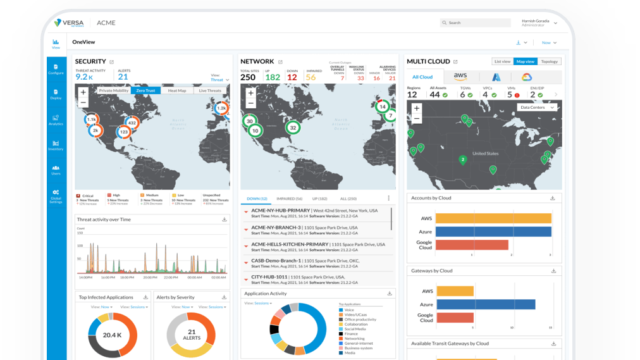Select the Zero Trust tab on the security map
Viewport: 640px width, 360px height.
[145, 90]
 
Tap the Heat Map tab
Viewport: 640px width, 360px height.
[177, 90]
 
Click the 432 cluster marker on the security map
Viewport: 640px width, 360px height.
[132, 123]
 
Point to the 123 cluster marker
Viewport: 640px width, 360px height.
[124, 132]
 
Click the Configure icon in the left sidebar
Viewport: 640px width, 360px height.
[56, 68]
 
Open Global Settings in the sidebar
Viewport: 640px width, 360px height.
[56, 196]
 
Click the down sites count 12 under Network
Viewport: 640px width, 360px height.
[292, 77]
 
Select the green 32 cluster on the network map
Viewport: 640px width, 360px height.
[293, 127]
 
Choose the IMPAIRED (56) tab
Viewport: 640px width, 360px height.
[290, 199]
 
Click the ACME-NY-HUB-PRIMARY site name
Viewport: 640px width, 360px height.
[280, 210]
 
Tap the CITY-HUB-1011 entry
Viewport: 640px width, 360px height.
[269, 277]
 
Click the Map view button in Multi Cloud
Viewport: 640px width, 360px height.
[526, 61]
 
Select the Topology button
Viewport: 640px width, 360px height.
[550, 61]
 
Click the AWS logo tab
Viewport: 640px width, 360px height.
[460, 77]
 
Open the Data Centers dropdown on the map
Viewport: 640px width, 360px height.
[537, 108]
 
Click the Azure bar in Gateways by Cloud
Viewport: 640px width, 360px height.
[485, 304]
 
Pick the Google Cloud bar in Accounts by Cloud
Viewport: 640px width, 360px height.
[472, 244]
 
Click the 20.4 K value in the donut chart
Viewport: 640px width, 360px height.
[112, 335]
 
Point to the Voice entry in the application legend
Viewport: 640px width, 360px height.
[349, 310]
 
